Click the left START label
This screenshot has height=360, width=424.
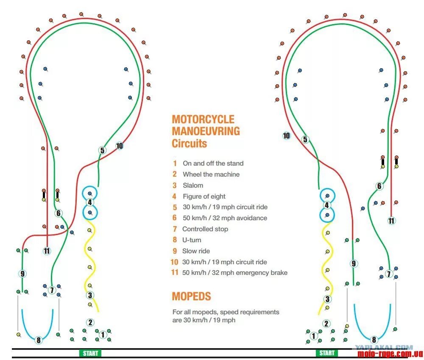coord(90,353)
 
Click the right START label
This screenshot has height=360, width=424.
coord(326,353)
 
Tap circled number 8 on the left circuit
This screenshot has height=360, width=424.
coord(39,340)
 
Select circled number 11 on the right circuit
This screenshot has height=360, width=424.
coord(391,221)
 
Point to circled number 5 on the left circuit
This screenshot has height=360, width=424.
coord(102,150)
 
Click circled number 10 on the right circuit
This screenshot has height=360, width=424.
coord(287,136)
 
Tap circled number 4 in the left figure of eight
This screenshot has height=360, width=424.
coord(90,202)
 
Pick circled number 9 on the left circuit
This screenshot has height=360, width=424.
coord(22,274)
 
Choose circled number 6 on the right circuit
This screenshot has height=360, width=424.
coord(379,186)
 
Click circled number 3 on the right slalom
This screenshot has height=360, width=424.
coord(327,299)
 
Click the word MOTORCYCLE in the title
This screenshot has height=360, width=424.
coord(203,119)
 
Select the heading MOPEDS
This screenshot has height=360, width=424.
coord(191,296)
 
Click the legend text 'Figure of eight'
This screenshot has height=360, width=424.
coord(204,196)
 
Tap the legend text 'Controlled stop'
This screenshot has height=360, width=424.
coord(205,229)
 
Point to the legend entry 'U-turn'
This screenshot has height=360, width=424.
coord(192,240)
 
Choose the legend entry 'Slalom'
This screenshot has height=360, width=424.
coord(193,185)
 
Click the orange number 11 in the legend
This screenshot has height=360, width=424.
coord(175,272)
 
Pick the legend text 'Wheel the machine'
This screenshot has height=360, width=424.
coord(211,174)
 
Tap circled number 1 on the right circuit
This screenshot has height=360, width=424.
coord(314,336)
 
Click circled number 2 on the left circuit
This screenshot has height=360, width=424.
coord(90,323)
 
